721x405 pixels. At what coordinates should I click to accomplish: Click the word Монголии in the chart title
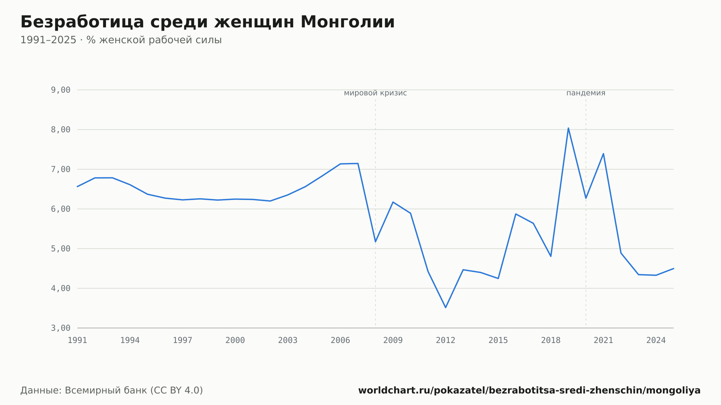348,22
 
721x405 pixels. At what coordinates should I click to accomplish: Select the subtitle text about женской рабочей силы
121,40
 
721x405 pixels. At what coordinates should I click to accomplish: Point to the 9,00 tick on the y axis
61,90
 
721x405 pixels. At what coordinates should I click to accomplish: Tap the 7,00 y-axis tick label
61,169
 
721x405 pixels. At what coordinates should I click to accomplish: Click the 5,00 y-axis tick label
61,249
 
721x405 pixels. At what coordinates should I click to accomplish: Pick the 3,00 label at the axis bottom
61,328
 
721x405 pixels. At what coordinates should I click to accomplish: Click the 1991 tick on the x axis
78,341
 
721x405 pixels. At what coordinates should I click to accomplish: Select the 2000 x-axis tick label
235,341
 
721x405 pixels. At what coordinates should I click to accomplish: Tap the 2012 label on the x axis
446,341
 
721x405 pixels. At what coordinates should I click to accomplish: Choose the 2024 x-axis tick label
656,341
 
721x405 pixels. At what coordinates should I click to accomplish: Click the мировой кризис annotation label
375,93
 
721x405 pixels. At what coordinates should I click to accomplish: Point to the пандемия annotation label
586,93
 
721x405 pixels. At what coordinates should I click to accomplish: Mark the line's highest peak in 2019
568,128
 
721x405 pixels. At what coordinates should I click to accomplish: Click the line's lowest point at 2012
446,307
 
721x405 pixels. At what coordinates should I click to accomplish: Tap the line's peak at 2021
603,153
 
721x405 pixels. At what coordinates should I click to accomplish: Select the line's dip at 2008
375,242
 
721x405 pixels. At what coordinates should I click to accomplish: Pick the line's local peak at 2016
516,214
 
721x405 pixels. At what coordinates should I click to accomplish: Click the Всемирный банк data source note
112,391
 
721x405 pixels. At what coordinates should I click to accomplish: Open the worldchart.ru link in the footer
529,391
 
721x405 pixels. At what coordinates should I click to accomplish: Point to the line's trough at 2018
551,256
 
